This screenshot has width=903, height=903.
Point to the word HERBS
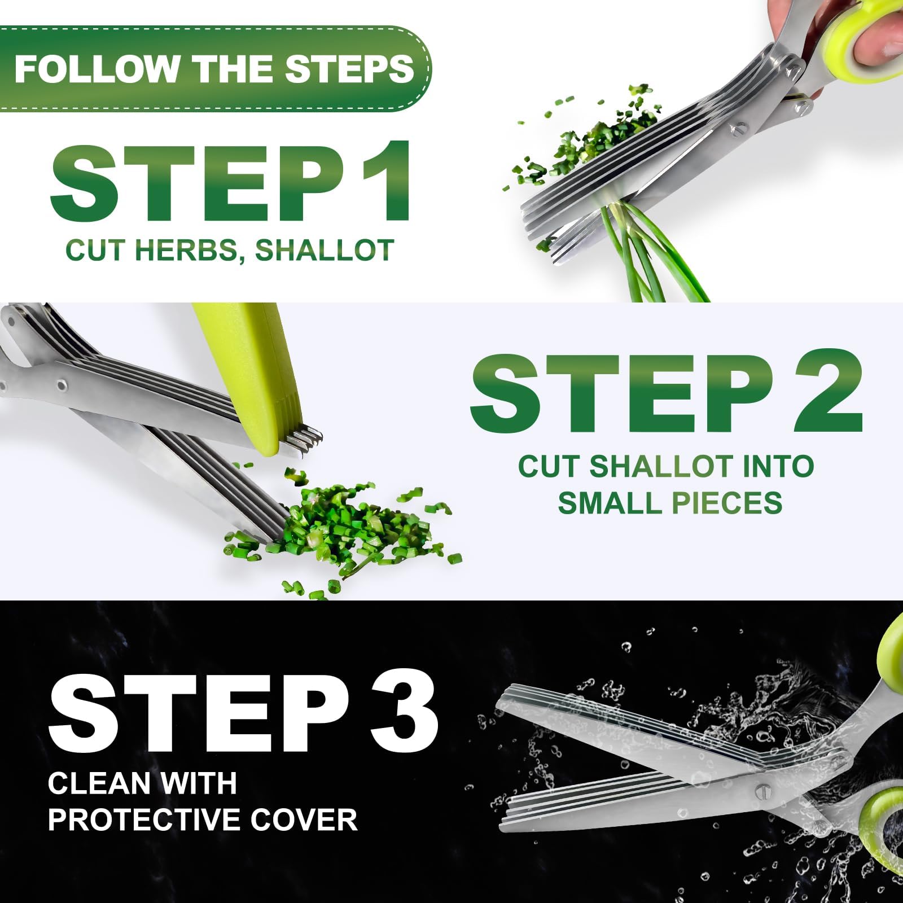pos(190,250)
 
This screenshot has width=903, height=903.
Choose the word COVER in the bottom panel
pos(304,819)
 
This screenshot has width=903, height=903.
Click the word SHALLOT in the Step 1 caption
pos(325,250)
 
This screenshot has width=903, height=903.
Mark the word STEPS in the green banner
pos(349,68)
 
